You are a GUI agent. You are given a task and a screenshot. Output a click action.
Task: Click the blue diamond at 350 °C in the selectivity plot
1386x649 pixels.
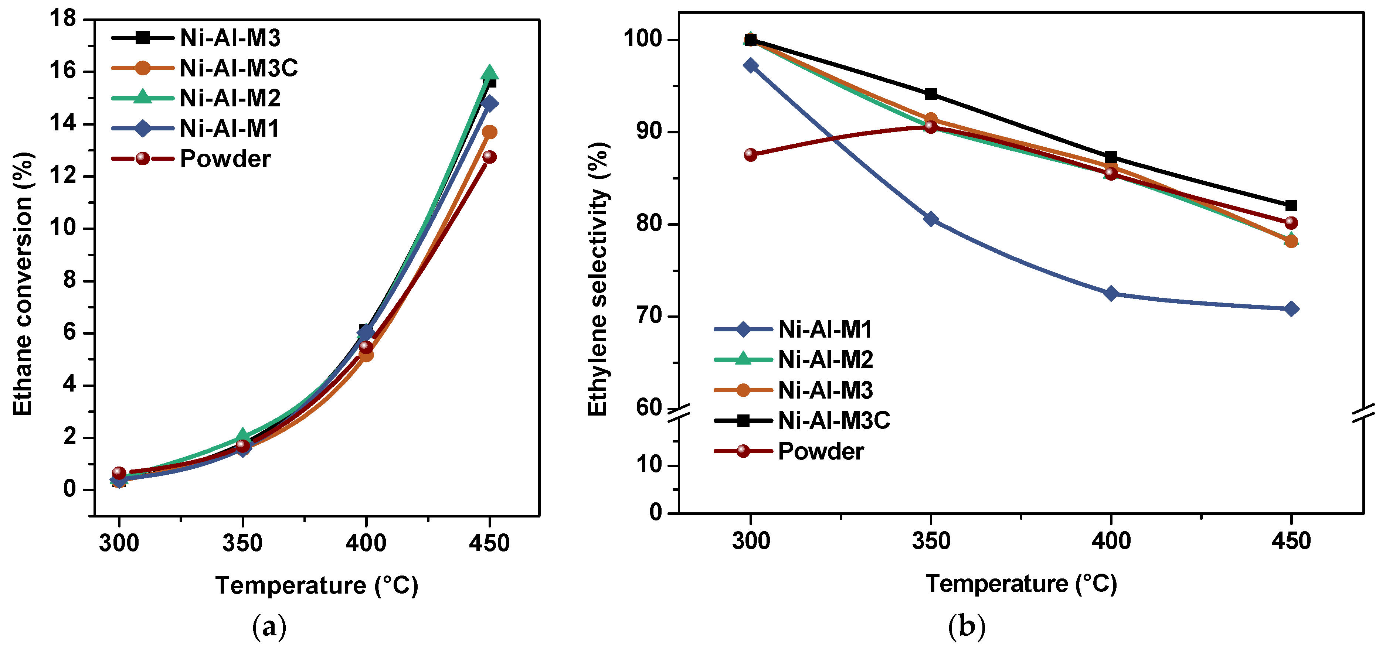point(930,219)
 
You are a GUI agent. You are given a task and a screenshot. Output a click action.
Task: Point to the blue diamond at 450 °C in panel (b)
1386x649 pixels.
point(1291,309)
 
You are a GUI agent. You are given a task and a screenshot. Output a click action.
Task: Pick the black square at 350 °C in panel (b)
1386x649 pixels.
point(930,95)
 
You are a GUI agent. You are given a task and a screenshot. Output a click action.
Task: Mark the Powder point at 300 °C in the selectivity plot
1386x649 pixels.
point(751,155)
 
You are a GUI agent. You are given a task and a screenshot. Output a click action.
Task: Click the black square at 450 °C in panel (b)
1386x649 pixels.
point(1291,205)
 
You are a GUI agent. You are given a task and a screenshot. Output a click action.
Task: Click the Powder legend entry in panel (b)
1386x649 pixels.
point(821,451)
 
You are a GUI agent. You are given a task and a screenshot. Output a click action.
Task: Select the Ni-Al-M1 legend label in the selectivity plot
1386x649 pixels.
point(825,329)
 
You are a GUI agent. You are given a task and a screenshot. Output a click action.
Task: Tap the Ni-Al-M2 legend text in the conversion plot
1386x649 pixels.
point(230,98)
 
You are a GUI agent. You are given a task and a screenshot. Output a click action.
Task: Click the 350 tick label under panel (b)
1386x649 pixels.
point(930,540)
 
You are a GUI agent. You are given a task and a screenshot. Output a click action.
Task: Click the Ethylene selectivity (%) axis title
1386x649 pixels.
point(597,279)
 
